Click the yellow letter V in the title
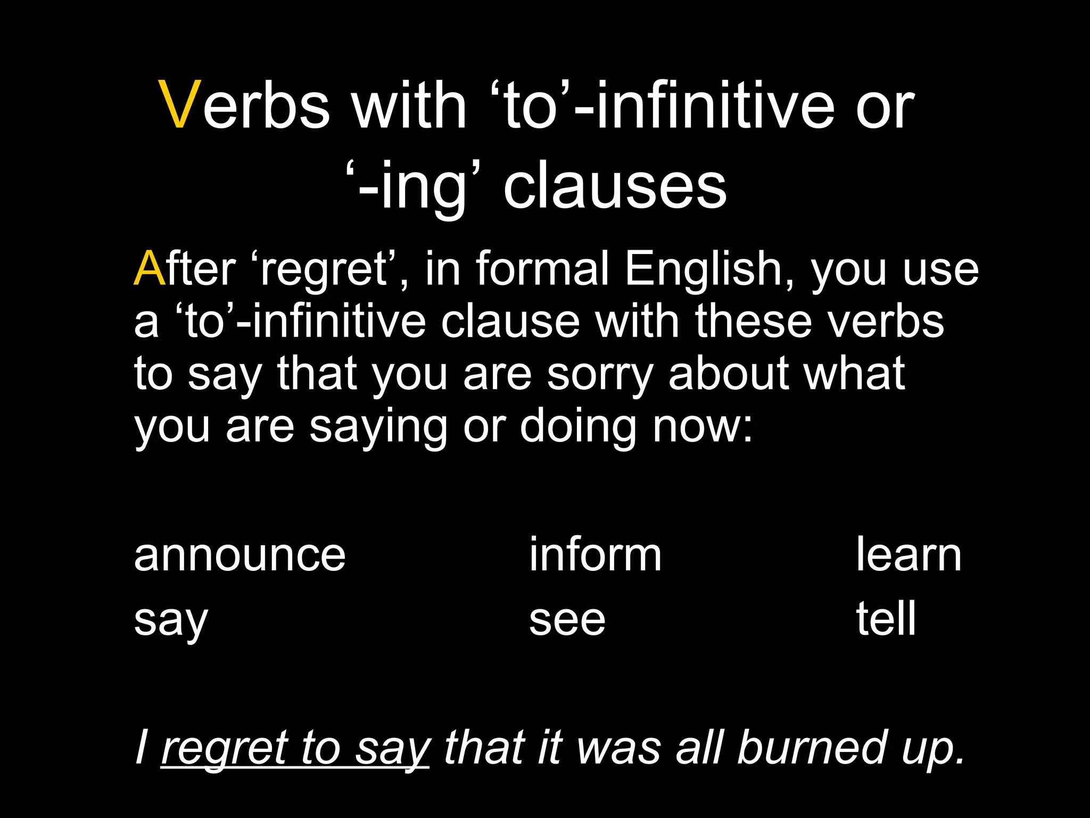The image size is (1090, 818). [180, 105]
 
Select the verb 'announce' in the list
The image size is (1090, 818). [240, 555]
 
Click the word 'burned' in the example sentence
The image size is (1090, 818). [812, 747]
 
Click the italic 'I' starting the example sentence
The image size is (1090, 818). [141, 747]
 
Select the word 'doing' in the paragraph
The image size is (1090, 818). [577, 427]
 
